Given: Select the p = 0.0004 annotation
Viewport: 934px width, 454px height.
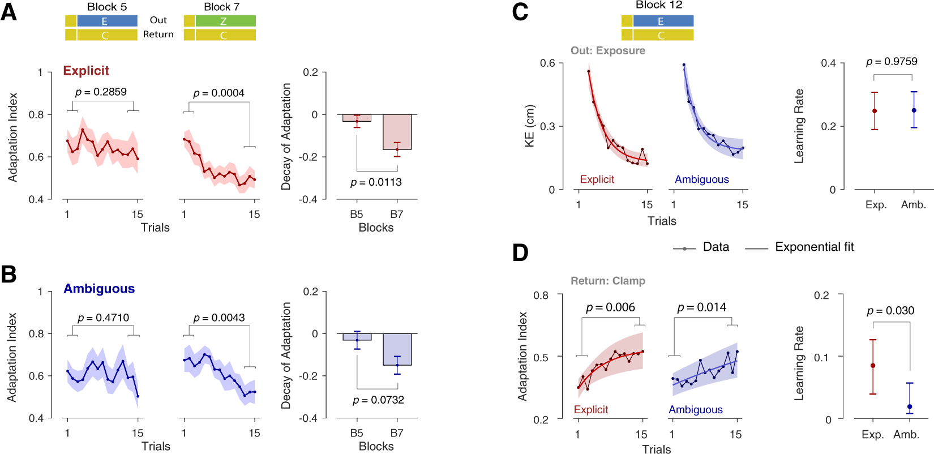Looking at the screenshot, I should (218, 93).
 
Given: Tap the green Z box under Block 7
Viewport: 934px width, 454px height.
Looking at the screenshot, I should (225, 22).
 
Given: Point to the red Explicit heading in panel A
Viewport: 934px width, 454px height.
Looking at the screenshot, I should (86, 71).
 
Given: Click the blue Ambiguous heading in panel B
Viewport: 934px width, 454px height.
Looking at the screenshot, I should (99, 289).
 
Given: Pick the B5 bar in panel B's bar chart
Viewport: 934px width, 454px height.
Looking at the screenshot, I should (357, 337).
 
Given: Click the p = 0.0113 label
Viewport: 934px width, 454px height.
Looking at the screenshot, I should (376, 182).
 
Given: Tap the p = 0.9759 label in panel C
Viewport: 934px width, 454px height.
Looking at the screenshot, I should (892, 62).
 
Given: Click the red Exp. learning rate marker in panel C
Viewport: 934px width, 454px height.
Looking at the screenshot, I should (875, 111).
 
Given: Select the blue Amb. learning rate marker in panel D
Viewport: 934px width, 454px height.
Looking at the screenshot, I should (910, 406).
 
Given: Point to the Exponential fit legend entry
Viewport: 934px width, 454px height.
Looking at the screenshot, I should (814, 247).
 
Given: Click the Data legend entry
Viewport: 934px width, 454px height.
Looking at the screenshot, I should (716, 247).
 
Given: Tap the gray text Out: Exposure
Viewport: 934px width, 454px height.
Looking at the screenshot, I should (607, 51).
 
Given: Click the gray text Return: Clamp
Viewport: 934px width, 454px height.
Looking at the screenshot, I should (607, 281).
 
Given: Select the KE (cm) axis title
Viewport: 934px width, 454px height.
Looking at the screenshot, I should (530, 126).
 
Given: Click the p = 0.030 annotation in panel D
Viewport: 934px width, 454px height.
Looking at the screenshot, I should (890, 311).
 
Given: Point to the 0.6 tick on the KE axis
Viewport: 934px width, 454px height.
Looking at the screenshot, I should (547, 63).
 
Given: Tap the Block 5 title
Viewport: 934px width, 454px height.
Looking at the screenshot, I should (107, 7).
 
